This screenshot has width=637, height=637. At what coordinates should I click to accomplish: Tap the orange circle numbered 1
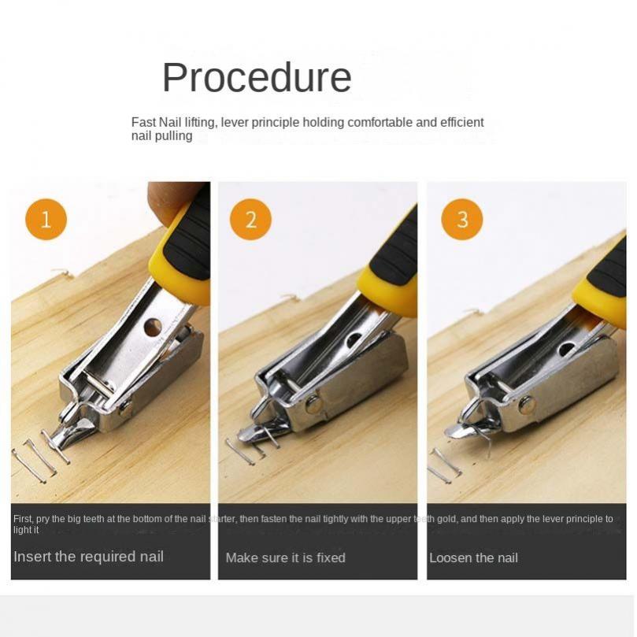pyautogui.click(x=46, y=219)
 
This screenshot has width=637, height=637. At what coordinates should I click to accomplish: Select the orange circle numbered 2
pyautogui.click(x=250, y=219)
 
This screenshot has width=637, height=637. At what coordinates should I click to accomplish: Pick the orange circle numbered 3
pyautogui.click(x=462, y=219)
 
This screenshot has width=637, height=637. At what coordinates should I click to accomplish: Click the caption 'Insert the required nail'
pyautogui.click(x=88, y=556)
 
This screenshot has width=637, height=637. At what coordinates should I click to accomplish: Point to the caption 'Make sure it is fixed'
pyautogui.click(x=286, y=557)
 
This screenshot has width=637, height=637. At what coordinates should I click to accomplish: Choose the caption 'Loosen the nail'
pyautogui.click(x=474, y=557)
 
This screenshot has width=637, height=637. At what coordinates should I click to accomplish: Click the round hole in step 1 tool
pyautogui.click(x=153, y=328)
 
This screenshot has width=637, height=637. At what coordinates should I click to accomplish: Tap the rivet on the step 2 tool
pyautogui.click(x=313, y=405)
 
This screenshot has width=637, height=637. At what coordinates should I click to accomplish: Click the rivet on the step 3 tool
pyautogui.click(x=527, y=402)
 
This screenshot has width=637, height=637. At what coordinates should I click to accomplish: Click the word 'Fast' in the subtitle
pyautogui.click(x=143, y=122)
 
